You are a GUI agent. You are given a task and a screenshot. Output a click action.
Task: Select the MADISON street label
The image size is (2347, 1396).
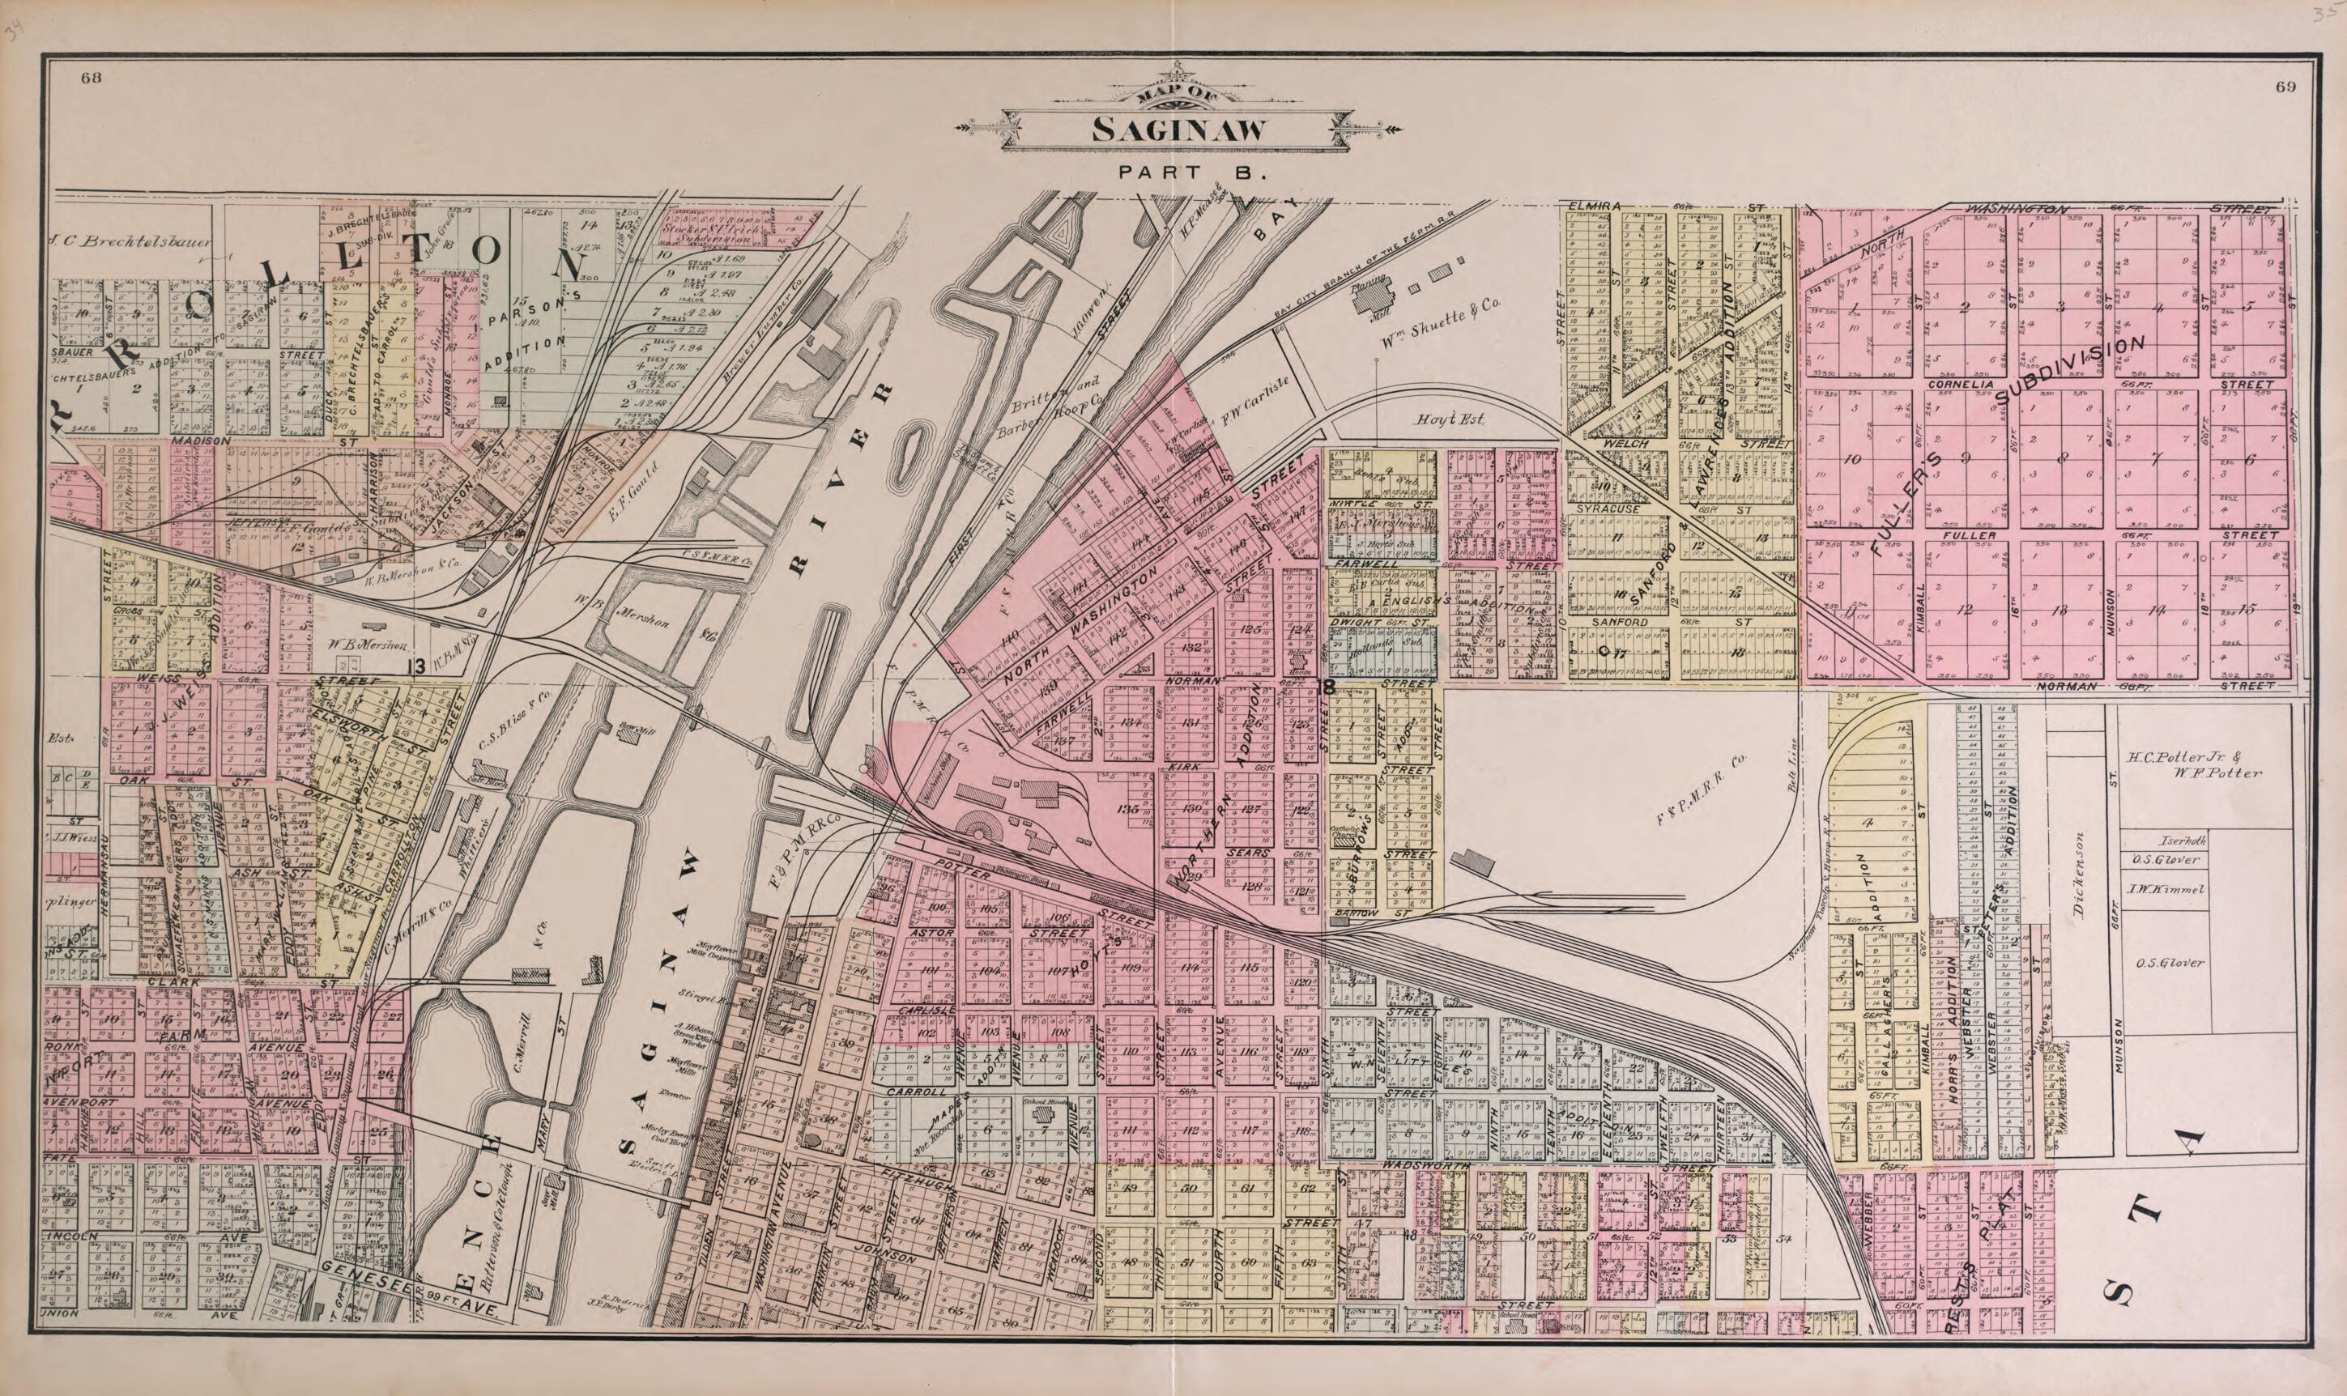click(x=200, y=441)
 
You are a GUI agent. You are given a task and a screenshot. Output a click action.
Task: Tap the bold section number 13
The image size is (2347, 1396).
click(x=415, y=666)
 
